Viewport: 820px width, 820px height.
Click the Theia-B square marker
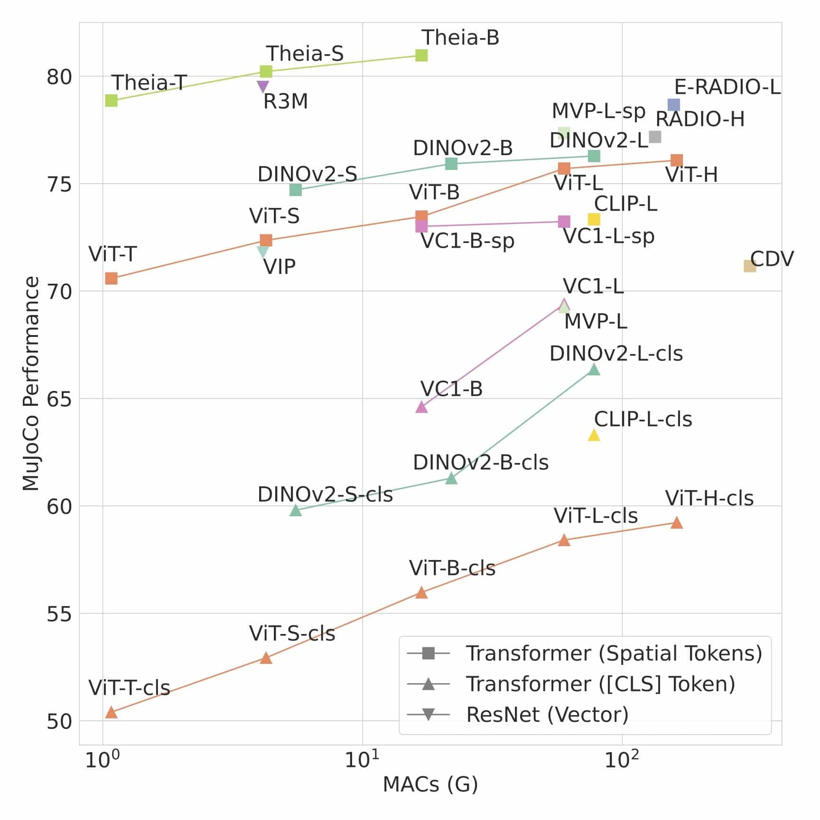[x=421, y=56]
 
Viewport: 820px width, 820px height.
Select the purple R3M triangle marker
[x=263, y=86]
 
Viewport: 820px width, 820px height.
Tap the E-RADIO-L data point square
[x=674, y=105]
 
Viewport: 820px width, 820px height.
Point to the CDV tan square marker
[x=750, y=266]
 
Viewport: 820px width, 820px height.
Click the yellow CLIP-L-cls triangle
[x=594, y=435]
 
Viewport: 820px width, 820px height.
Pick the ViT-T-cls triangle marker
[x=111, y=712]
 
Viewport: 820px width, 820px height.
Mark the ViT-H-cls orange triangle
[x=677, y=523]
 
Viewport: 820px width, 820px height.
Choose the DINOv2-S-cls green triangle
[x=296, y=511]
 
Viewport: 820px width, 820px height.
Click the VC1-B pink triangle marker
[x=421, y=407]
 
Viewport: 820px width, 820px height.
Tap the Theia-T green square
[x=111, y=101]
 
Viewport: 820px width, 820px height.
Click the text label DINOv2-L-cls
[x=616, y=354]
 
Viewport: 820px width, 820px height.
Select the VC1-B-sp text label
[x=467, y=242]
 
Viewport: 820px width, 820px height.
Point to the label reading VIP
[x=280, y=267]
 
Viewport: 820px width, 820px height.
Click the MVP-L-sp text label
[x=598, y=112]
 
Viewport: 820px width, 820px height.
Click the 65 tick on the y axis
[x=59, y=399]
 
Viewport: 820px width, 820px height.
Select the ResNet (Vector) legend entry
[x=547, y=715]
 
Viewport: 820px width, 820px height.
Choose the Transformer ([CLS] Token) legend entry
[x=600, y=684]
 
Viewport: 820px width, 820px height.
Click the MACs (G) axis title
[x=430, y=784]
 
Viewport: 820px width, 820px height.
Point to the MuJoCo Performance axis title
[x=31, y=383]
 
